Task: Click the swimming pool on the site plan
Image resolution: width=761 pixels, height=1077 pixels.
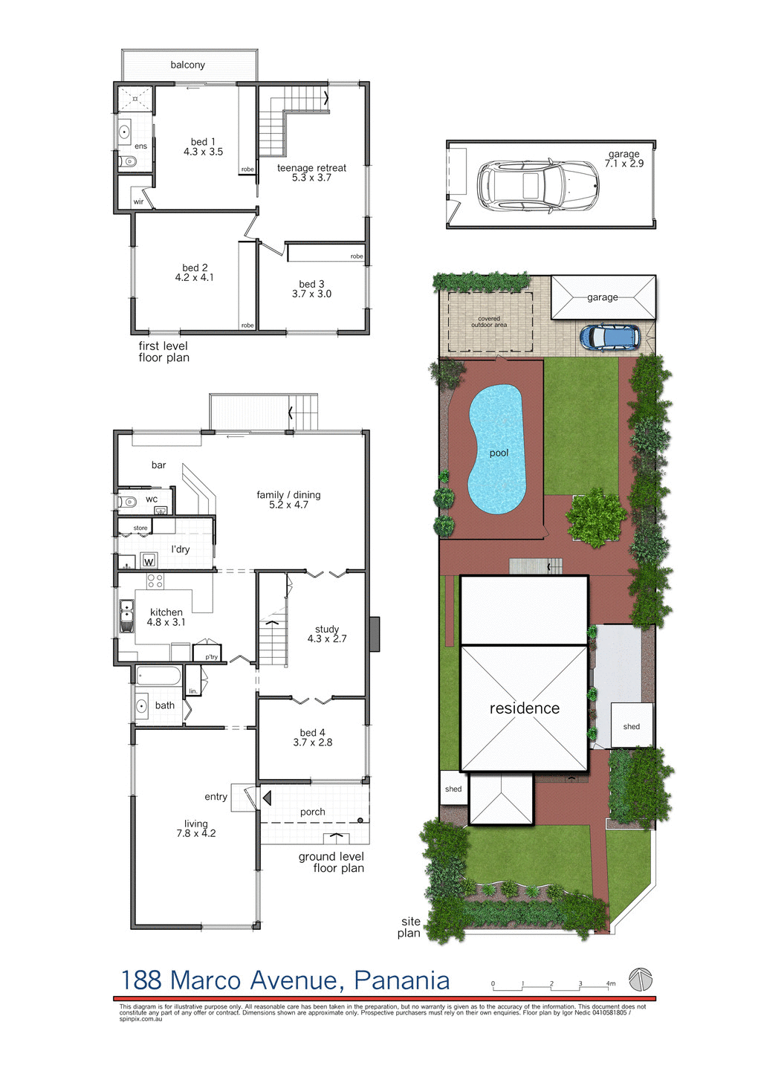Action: coord(496,450)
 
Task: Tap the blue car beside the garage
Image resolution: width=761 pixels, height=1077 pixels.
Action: coord(610,337)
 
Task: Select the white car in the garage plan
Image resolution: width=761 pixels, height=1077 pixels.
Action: coord(537,184)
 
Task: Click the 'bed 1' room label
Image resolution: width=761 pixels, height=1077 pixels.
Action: coord(203,142)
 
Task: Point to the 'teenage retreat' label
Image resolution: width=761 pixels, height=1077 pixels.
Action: coord(311,168)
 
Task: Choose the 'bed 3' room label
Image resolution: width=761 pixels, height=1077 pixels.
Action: coord(311,284)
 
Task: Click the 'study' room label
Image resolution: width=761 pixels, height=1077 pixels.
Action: coord(326,629)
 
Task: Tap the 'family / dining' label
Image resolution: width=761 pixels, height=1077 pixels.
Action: coord(288,495)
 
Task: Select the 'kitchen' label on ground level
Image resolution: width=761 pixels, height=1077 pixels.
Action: coord(166,612)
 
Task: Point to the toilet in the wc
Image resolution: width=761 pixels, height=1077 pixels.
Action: coord(127,502)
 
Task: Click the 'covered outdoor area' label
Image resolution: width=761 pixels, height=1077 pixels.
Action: coord(489,322)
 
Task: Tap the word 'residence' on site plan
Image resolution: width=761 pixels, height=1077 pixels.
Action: coord(524,708)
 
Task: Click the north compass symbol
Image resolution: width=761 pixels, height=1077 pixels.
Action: coord(640,979)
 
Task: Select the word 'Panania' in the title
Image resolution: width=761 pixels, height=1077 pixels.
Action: coord(401,980)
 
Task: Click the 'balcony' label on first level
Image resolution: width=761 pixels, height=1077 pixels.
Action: coord(187,65)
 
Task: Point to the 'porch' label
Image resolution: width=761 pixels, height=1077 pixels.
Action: coord(312,812)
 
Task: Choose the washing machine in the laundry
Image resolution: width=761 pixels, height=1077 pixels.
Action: coord(149,560)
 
